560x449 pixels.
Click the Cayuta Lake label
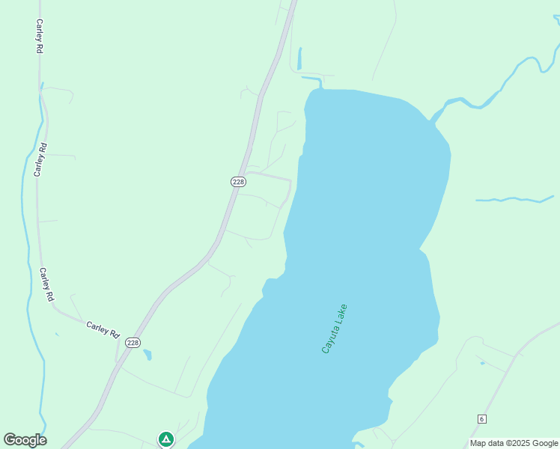tap(334, 329)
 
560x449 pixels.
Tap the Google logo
tap(25, 440)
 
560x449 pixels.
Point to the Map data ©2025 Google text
tap(514, 443)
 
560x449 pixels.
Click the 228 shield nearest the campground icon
tap(133, 343)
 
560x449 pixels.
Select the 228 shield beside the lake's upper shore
tap(237, 182)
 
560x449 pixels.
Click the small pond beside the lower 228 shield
tap(147, 354)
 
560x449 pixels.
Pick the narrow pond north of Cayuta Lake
tap(299, 59)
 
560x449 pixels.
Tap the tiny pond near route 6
tap(482, 364)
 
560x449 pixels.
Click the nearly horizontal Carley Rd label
tap(103, 329)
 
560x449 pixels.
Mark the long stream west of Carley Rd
tap(25, 224)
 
